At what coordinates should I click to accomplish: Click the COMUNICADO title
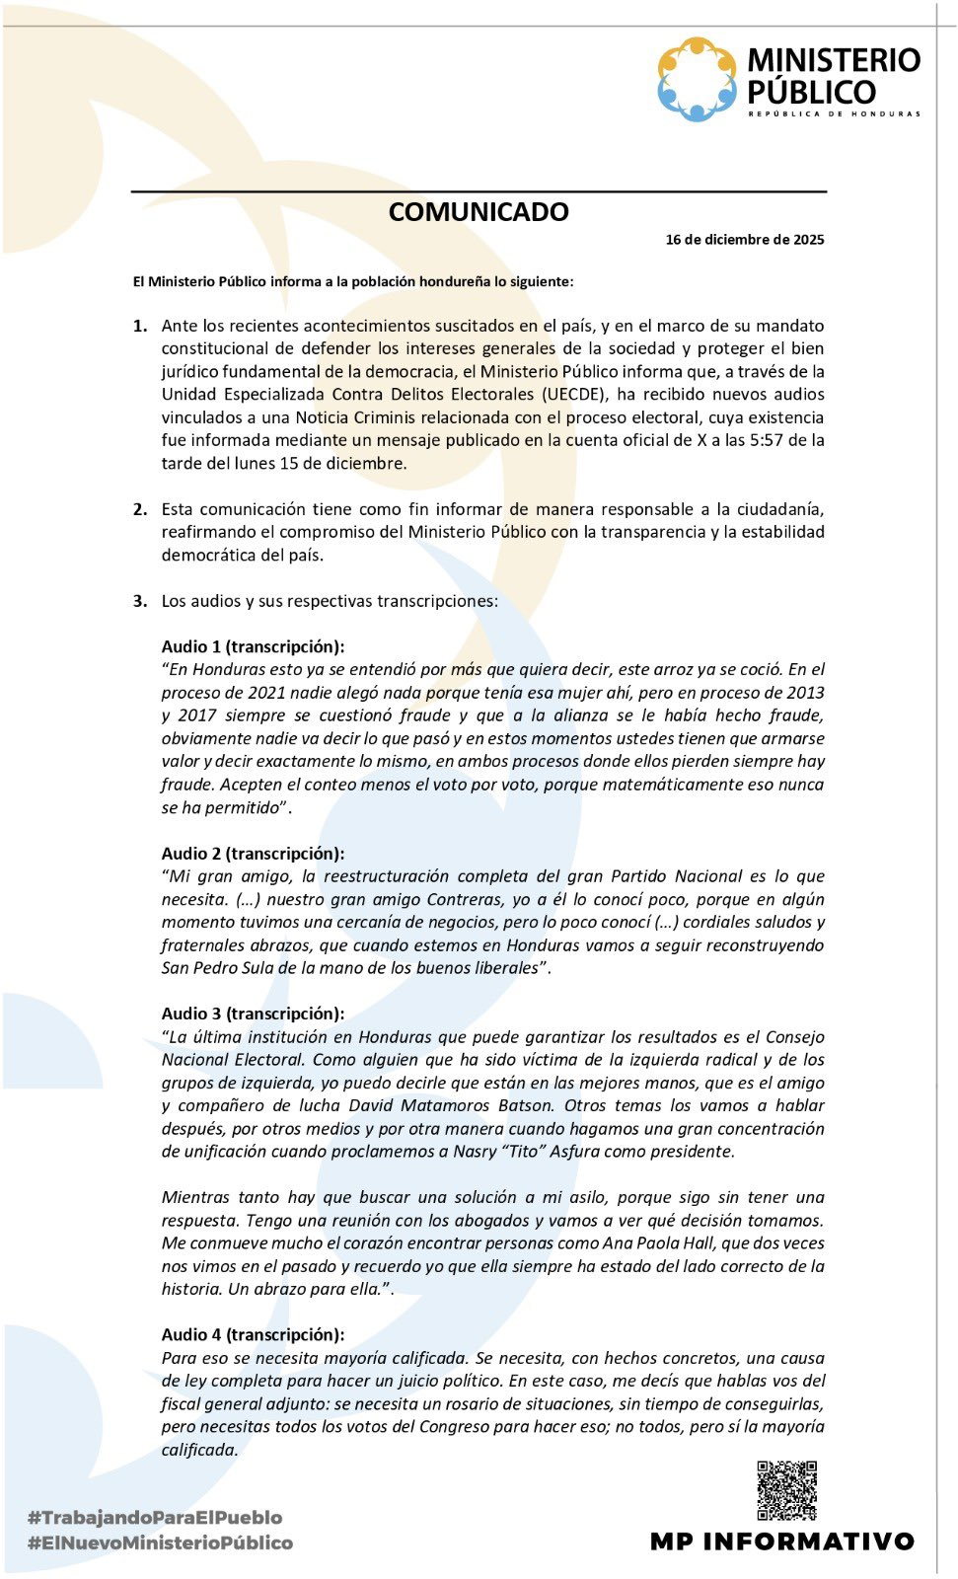[479, 212]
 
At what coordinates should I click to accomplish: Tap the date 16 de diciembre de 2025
[745, 240]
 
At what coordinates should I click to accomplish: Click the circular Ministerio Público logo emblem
[697, 79]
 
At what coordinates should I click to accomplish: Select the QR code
[786, 1490]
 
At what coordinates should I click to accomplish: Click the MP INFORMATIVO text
[782, 1541]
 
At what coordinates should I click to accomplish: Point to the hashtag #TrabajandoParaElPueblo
[155, 1518]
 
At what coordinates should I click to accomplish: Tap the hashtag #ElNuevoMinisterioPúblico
[161, 1542]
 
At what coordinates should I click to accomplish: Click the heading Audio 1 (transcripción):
[254, 647]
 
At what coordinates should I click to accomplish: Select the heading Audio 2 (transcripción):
[254, 854]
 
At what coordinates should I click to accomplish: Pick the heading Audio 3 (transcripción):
[254, 1014]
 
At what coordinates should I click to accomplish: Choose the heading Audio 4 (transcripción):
[254, 1335]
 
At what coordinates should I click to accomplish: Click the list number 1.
[140, 326]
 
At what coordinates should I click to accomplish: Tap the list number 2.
[140, 509]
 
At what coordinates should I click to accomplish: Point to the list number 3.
[140, 601]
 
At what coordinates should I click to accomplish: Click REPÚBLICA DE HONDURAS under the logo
[834, 114]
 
